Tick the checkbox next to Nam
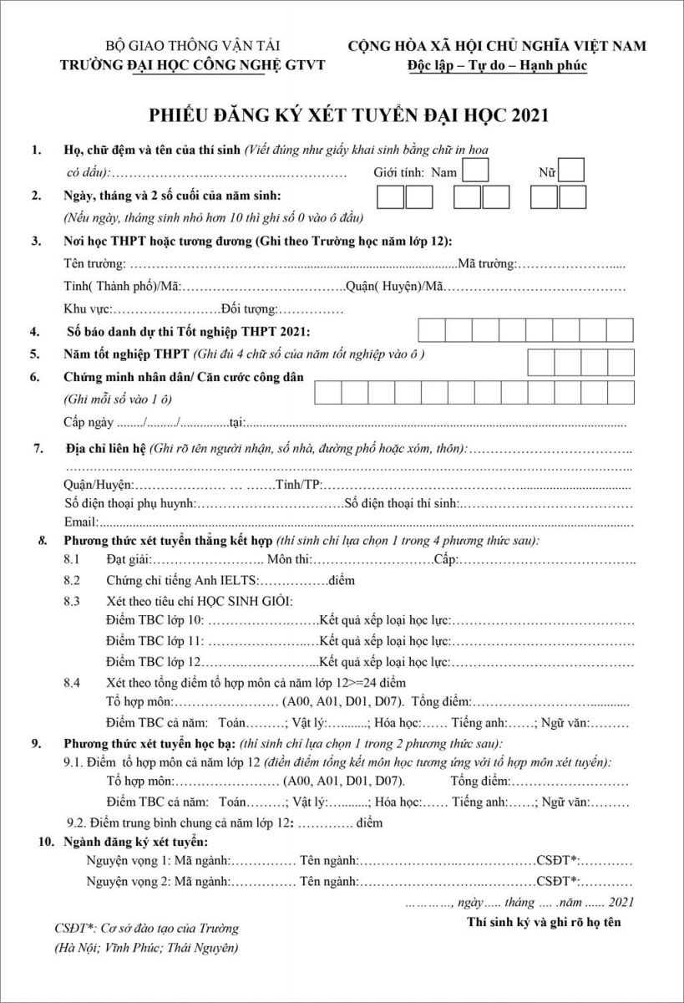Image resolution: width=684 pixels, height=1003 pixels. click(x=475, y=171)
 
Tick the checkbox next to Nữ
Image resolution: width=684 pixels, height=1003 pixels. click(x=571, y=171)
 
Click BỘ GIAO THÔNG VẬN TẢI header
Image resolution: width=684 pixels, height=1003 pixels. click(x=192, y=46)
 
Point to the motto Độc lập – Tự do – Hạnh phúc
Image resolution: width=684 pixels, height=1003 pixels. click(x=497, y=65)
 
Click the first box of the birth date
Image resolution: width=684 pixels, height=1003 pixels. click(x=391, y=197)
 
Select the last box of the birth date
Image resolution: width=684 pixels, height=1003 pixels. click(x=574, y=197)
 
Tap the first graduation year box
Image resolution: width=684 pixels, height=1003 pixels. click(x=542, y=362)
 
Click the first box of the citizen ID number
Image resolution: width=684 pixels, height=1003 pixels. click(x=328, y=393)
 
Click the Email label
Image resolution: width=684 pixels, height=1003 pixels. click(x=80, y=522)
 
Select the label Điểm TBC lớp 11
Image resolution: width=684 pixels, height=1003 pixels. click(x=155, y=641)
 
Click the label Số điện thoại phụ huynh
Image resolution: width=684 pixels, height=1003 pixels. click(x=129, y=503)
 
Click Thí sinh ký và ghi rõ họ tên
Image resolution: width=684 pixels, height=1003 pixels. click(x=544, y=923)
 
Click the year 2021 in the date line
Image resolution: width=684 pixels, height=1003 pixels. click(x=622, y=902)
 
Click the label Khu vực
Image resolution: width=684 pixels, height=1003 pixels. click(x=88, y=309)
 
